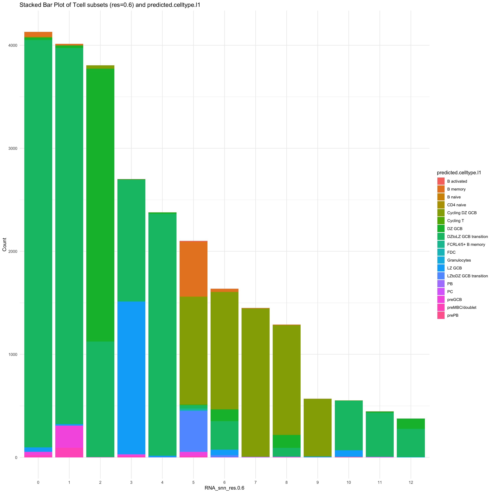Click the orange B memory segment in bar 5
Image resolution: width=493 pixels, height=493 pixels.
click(x=193, y=268)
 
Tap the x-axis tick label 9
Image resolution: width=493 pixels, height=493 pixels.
click(x=317, y=475)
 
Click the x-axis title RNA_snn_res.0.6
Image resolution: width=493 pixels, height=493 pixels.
click(x=224, y=488)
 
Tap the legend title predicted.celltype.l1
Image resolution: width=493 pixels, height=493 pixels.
click(x=459, y=173)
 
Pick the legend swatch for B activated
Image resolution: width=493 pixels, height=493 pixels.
click(x=441, y=181)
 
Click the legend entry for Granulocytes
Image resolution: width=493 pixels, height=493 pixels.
click(x=459, y=260)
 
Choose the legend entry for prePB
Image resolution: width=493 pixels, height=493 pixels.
click(x=453, y=315)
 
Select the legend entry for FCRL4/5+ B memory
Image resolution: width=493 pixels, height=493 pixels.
click(x=466, y=244)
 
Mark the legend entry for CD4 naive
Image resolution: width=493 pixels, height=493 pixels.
click(x=457, y=205)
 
